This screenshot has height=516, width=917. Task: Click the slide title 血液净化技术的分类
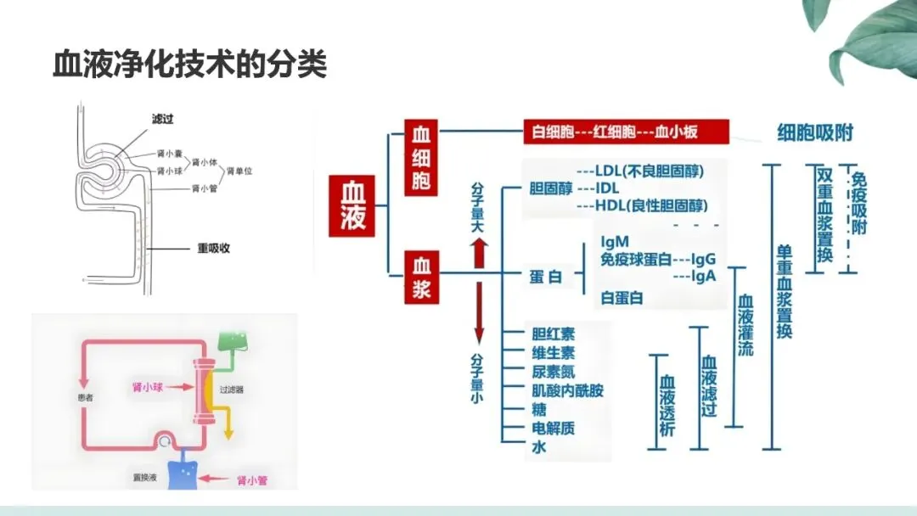(190, 64)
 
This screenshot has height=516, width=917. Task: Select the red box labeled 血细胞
(422, 158)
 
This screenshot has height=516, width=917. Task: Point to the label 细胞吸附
(815, 132)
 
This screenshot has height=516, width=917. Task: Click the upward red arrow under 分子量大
(479, 252)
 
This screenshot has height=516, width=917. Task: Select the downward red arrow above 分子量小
(479, 311)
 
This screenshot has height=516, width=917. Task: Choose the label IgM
(615, 243)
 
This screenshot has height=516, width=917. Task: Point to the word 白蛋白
(622, 298)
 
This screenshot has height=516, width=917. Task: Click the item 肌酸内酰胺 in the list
(567, 390)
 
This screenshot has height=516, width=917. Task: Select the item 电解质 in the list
(553, 428)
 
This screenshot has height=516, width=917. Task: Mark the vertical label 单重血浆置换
(784, 292)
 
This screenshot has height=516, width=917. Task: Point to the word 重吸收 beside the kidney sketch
(213, 249)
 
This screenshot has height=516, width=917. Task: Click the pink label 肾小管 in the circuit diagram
(252, 480)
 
